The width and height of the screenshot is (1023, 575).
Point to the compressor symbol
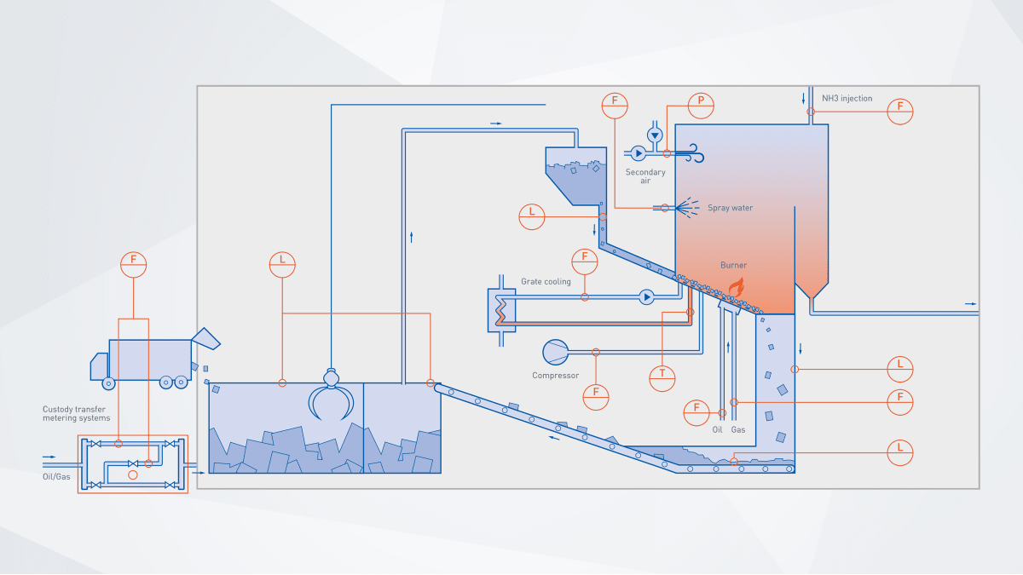click(555, 353)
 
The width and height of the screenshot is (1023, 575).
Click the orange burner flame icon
click(737, 287)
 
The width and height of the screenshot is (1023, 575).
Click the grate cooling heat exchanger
click(501, 310)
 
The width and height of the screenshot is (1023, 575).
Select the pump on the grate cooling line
click(646, 297)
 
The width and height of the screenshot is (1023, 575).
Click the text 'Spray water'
click(730, 208)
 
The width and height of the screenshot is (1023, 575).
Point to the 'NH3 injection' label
click(847, 99)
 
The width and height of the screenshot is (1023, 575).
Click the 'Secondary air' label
click(644, 176)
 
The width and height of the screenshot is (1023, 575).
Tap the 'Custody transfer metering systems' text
click(76, 413)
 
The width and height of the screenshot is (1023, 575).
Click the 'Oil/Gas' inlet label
click(56, 477)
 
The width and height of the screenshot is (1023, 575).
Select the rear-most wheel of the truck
click(181, 382)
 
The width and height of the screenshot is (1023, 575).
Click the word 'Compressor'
click(555, 376)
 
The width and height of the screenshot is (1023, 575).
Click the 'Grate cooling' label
click(546, 282)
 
